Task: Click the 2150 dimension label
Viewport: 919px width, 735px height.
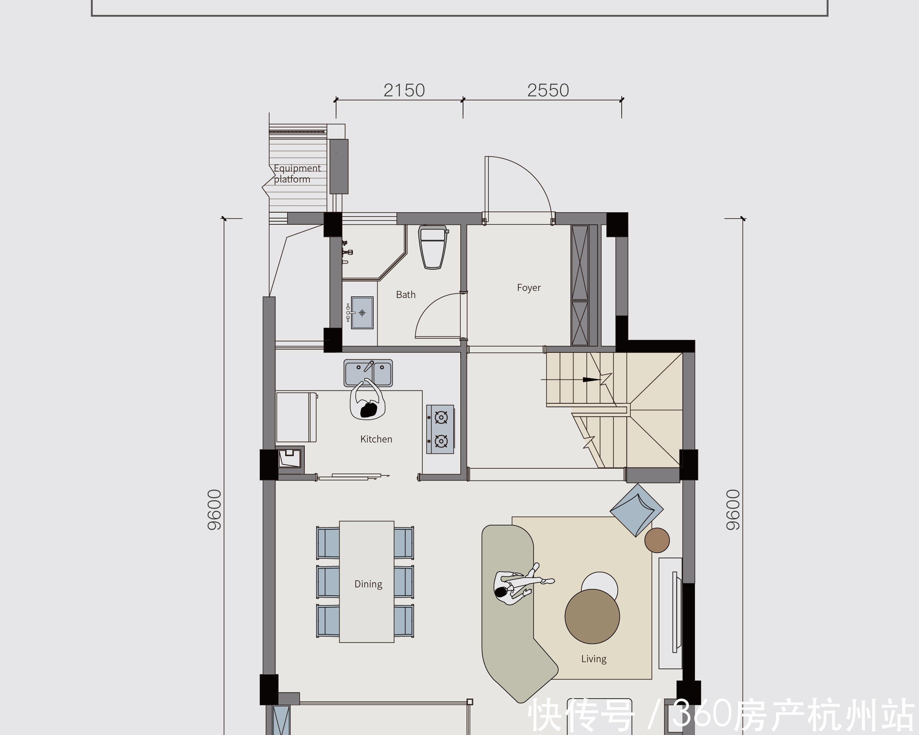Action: [404, 90]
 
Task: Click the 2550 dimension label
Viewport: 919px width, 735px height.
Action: [548, 90]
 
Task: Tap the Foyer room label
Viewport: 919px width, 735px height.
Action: [528, 287]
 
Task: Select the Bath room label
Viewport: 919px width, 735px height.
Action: [405, 294]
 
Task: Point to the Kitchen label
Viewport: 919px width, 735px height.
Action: [376, 439]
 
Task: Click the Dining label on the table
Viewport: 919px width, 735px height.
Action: [368, 584]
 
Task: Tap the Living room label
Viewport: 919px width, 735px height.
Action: [594, 659]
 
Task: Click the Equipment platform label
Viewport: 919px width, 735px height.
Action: [297, 173]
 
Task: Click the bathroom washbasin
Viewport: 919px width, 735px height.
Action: [362, 313]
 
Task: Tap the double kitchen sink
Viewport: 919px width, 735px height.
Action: [368, 373]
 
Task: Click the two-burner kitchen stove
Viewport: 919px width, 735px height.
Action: [440, 429]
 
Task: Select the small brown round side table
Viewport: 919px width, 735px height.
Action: [657, 540]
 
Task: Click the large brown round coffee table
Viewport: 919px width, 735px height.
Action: [592, 616]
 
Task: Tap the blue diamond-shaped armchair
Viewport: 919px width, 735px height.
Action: [637, 510]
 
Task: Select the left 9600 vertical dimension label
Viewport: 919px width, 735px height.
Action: [214, 509]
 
